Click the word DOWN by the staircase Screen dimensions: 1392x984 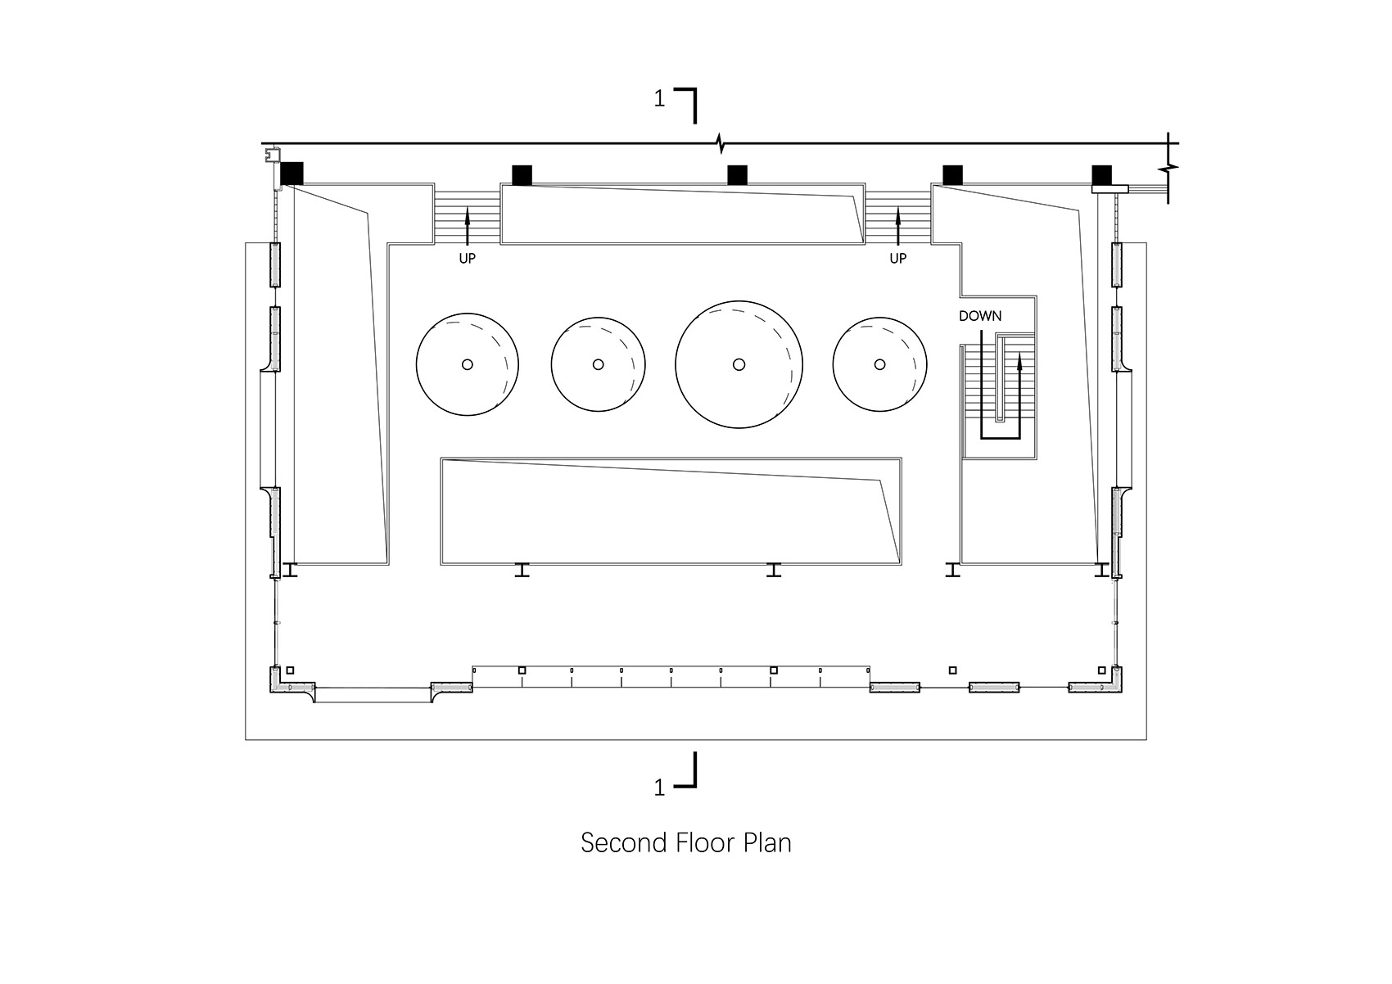point(980,315)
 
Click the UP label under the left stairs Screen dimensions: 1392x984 point(468,259)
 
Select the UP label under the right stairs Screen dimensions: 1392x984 point(898,259)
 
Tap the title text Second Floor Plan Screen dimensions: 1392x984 point(686,843)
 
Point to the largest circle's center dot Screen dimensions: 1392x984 point(739,364)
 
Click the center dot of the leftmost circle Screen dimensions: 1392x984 point(468,364)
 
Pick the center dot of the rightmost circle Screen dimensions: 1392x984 point(879,364)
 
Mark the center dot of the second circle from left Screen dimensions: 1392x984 point(598,364)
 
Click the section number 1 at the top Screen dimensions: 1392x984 point(659,99)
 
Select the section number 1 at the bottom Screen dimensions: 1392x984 point(659,788)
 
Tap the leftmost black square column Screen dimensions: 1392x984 point(292,174)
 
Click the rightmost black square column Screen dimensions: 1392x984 point(1102,174)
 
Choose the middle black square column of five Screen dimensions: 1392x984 point(738,175)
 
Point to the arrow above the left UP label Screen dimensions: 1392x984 point(468,228)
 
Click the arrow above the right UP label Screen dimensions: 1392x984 point(898,227)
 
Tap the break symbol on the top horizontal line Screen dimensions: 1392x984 point(721,143)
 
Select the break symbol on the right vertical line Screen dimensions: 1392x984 point(1168,168)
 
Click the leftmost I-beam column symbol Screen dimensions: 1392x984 point(290,570)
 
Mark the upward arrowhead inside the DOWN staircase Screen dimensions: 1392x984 point(1019,362)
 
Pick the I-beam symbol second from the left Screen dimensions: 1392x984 point(522,570)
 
